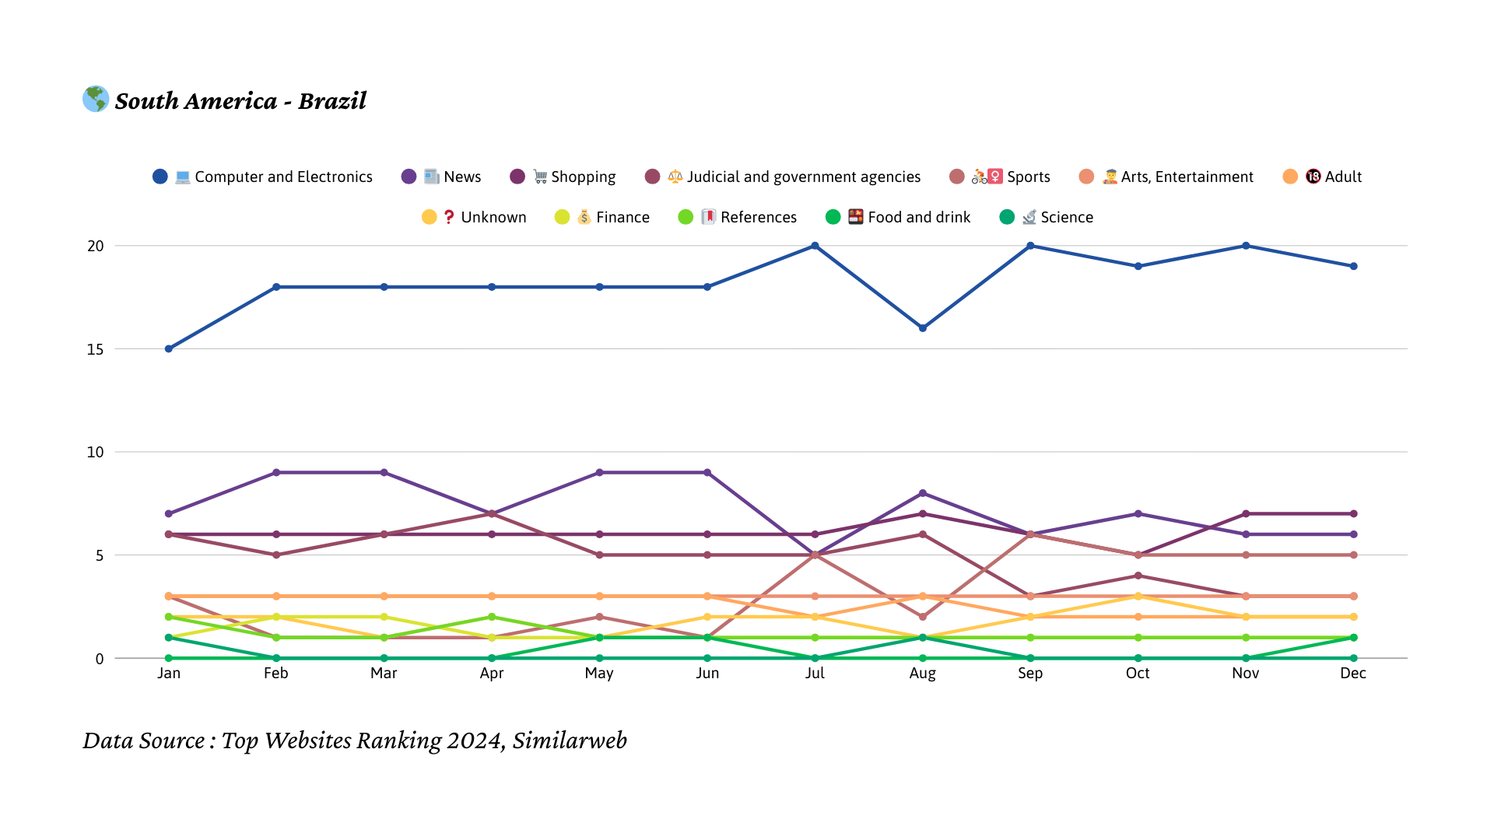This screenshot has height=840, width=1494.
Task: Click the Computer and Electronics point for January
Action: pos(169,348)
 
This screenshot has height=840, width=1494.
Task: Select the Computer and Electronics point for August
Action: pos(923,328)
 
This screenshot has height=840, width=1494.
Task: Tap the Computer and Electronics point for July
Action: pos(815,246)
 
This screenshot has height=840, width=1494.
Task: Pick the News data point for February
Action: pos(276,473)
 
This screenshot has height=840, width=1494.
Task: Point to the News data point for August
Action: pos(923,493)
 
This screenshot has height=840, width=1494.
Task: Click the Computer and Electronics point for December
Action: pos(1354,266)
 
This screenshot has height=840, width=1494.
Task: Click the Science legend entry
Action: pos(1047,217)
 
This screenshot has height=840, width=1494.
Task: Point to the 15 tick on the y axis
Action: pos(96,349)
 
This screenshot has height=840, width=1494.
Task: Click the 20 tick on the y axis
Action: pos(96,246)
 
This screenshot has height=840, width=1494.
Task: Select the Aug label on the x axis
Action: pos(923,673)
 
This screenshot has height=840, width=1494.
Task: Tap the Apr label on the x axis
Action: pos(492,673)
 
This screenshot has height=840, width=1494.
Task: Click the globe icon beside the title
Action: pos(96,99)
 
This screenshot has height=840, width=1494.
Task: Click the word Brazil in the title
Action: pos(332,100)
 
